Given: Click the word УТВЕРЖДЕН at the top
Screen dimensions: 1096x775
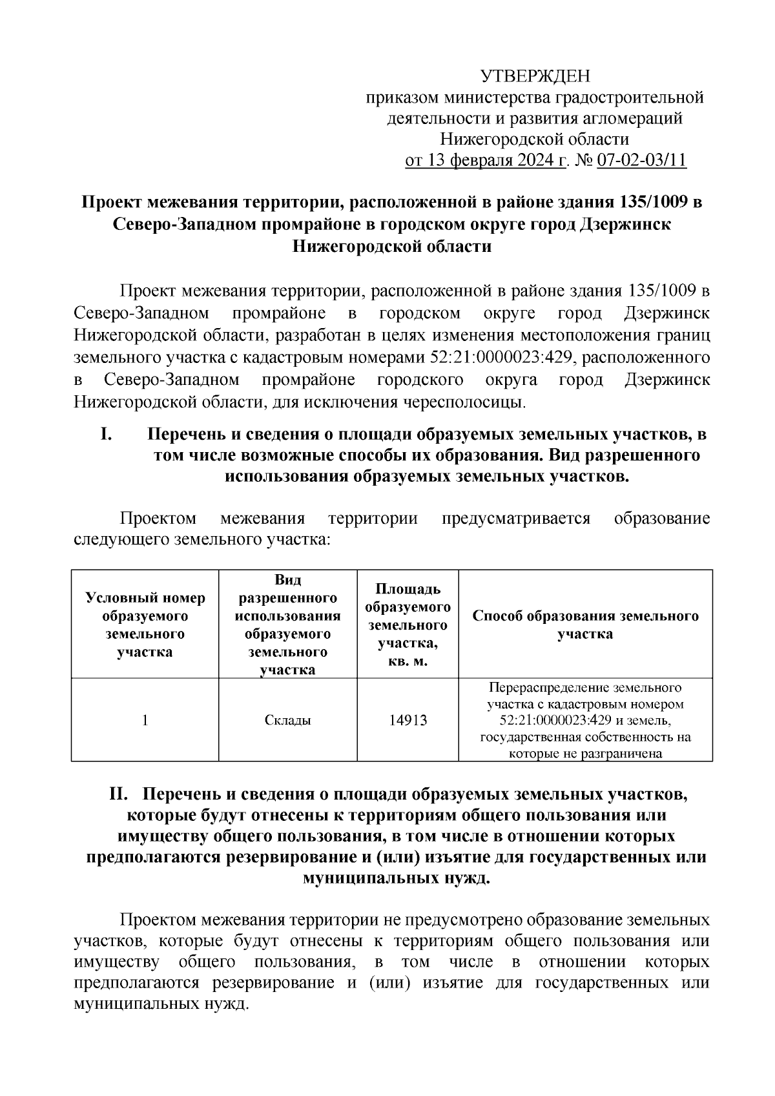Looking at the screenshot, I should [535, 77].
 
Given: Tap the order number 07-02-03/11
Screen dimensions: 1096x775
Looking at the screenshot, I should [642, 160].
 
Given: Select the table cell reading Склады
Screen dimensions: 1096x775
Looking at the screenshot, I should [288, 720].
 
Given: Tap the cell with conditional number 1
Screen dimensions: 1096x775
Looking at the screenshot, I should [145, 720].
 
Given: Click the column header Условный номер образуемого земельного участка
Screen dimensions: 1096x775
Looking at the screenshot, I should [145, 625].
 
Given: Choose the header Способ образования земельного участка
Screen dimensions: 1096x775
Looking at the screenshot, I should [585, 625].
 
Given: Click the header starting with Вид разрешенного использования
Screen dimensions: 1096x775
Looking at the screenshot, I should [288, 625].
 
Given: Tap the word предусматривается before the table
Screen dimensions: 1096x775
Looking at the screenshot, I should [516, 519].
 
